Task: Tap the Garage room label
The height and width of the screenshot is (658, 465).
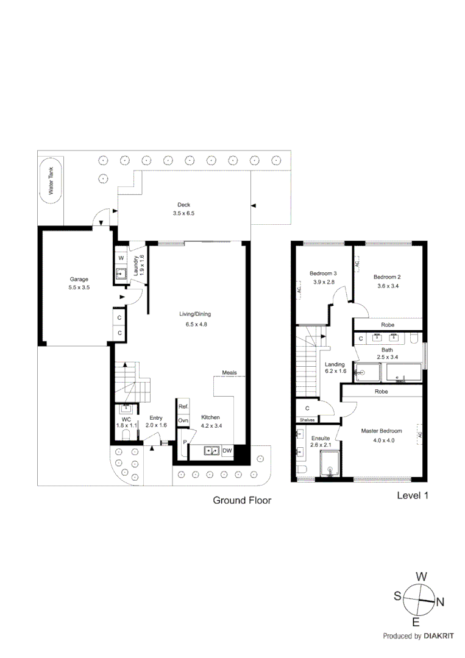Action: [79, 280]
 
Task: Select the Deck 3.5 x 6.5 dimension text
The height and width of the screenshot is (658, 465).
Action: [183, 214]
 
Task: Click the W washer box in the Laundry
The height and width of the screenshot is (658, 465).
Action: [121, 258]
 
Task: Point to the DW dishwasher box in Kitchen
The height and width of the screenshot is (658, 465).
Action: [227, 451]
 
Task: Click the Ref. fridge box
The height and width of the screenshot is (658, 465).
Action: [183, 406]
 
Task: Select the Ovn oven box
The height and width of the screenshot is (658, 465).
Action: [183, 420]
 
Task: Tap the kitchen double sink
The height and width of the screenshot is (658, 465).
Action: [211, 451]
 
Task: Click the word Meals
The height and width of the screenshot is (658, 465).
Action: [229, 372]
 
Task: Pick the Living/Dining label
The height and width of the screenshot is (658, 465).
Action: [194, 314]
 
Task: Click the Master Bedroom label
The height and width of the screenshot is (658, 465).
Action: [379, 431]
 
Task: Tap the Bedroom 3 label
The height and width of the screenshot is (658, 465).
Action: [323, 273]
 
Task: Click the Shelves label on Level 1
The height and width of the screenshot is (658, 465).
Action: [306, 420]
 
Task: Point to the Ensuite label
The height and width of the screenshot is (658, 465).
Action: [320, 438]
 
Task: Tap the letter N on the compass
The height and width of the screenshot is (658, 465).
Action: [440, 603]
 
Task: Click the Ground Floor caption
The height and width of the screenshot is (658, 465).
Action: [241, 500]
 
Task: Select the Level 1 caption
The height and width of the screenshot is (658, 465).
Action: [413, 495]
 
